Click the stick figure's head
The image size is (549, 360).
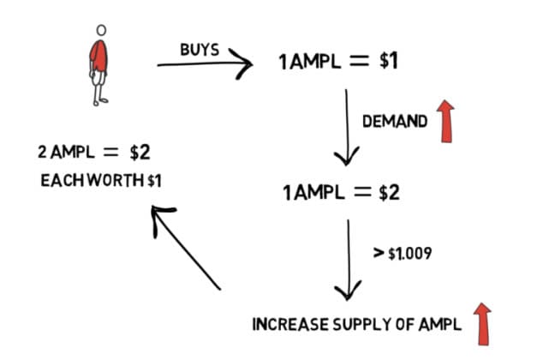click(101, 30)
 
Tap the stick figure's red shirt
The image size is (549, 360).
click(100, 56)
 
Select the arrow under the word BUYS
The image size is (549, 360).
click(206, 63)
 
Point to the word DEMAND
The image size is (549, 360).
click(394, 123)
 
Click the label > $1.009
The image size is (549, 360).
click(401, 254)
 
